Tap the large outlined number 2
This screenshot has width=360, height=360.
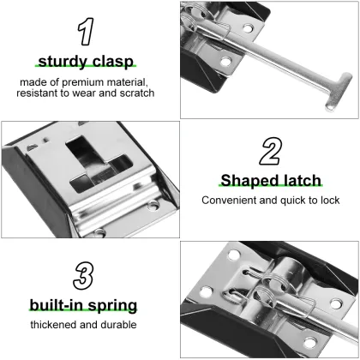pyautogui.click(x=270, y=151)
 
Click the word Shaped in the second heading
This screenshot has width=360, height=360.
pyautogui.click(x=250, y=180)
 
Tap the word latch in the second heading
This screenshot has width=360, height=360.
pyautogui.click(x=301, y=180)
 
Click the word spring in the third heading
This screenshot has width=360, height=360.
pyautogui.click(x=115, y=306)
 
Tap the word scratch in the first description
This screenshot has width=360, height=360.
pyautogui.click(x=136, y=93)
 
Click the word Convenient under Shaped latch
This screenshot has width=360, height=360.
pyautogui.click(x=231, y=201)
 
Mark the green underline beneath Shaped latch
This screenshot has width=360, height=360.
pyautogui.click(x=270, y=188)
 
